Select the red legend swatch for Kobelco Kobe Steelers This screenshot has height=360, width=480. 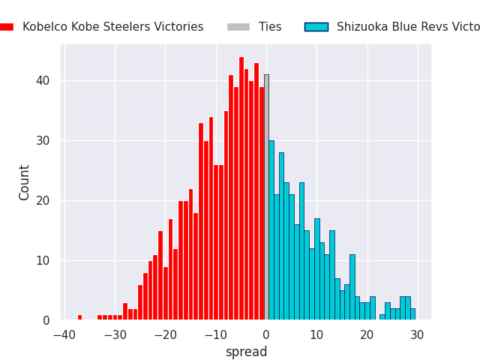(x=6, y=27)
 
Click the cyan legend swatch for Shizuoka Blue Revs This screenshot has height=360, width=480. (x=316, y=27)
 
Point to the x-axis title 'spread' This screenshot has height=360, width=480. (x=246, y=352)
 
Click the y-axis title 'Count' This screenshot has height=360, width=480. (x=25, y=182)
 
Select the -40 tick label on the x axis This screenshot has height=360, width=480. (x=64, y=334)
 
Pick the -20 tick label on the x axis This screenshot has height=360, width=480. (x=165, y=334)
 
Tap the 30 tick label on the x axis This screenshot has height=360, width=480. (x=417, y=334)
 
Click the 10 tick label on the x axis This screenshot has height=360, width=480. (x=316, y=334)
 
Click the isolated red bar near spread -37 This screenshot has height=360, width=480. (x=79, y=317)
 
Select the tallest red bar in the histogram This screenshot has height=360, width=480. (x=241, y=188)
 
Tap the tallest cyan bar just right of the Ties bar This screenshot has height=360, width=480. (x=271, y=230)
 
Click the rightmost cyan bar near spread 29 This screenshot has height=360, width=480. (x=412, y=314)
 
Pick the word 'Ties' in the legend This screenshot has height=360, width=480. (x=270, y=27)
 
